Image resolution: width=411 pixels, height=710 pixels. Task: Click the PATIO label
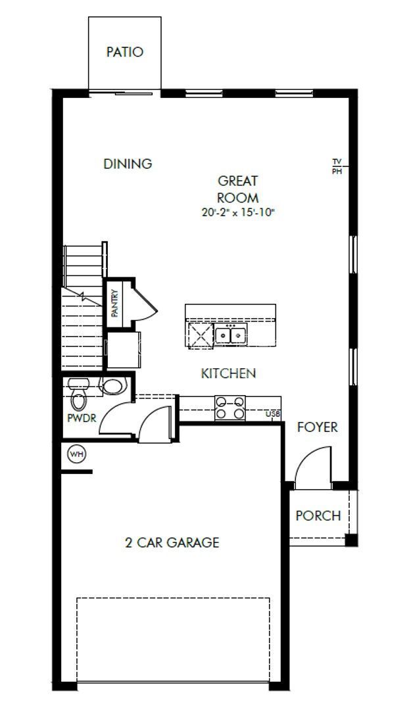(125, 52)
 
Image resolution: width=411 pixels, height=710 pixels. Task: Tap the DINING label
(128, 164)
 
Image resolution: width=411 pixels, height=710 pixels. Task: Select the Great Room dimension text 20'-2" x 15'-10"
(238, 212)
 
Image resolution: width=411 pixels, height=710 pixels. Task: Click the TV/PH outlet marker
(337, 166)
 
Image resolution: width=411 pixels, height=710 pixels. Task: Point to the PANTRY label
(114, 304)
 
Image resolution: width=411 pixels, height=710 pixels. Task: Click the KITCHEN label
(228, 373)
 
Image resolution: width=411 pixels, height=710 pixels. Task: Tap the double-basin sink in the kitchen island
(230, 336)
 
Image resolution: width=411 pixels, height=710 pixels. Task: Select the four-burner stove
(230, 408)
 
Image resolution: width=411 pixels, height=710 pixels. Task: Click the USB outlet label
(273, 414)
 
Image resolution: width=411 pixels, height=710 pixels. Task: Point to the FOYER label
(317, 427)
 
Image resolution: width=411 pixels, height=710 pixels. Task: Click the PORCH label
(318, 515)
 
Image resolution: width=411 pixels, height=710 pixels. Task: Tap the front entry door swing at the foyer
(312, 465)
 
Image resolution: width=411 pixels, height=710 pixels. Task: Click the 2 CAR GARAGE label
(172, 542)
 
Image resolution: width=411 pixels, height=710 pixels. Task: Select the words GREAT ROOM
(238, 189)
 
